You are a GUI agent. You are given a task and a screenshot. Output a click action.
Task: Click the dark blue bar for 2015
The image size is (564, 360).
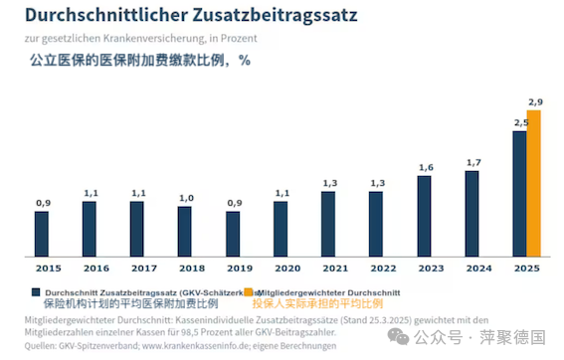click(x=42, y=234)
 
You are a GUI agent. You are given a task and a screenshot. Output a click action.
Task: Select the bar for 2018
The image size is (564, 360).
click(x=185, y=232)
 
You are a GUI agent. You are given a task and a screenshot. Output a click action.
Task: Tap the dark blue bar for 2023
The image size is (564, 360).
click(x=424, y=216)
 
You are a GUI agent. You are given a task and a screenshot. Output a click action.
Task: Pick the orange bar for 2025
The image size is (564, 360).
click(x=534, y=183)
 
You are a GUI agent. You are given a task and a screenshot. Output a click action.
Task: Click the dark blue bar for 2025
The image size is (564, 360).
click(x=519, y=194)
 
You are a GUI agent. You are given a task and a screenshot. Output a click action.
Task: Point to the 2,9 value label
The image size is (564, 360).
click(x=535, y=102)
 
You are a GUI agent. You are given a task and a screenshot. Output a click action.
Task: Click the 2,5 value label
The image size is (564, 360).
click(x=519, y=122)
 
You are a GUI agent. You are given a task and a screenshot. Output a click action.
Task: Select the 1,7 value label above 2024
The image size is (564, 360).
click(x=472, y=162)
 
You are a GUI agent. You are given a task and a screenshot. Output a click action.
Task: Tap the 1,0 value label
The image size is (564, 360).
click(x=185, y=198)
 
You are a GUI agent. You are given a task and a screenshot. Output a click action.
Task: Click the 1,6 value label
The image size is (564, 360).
click(x=425, y=167)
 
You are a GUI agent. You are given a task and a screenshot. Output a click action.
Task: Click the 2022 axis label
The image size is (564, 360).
click(x=377, y=269)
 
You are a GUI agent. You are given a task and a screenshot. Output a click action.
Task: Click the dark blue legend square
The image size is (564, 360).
click(x=36, y=292)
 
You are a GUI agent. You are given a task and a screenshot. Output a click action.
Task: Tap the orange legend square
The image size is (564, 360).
click(x=249, y=292)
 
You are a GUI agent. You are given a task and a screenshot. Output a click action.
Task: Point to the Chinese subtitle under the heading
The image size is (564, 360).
click(x=133, y=60)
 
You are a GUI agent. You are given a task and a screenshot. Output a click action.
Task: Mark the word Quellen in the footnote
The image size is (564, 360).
click(x=41, y=346)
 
